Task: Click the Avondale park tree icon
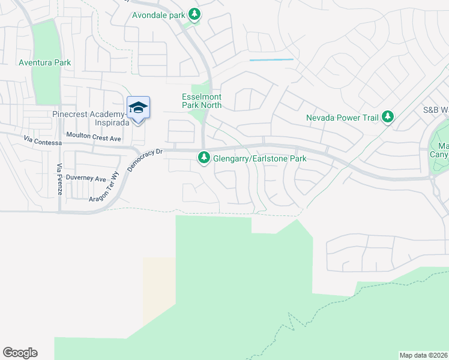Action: pos(194,13)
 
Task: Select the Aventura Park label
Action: pos(44,62)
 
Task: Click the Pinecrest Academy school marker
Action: pos(138,108)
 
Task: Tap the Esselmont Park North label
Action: pos(202,101)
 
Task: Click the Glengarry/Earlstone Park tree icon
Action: pos(204,158)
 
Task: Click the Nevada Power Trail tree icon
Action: pos(388,118)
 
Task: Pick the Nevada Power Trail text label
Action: pos(342,118)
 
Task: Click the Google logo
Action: pos(20,353)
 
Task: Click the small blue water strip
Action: pos(271,59)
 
